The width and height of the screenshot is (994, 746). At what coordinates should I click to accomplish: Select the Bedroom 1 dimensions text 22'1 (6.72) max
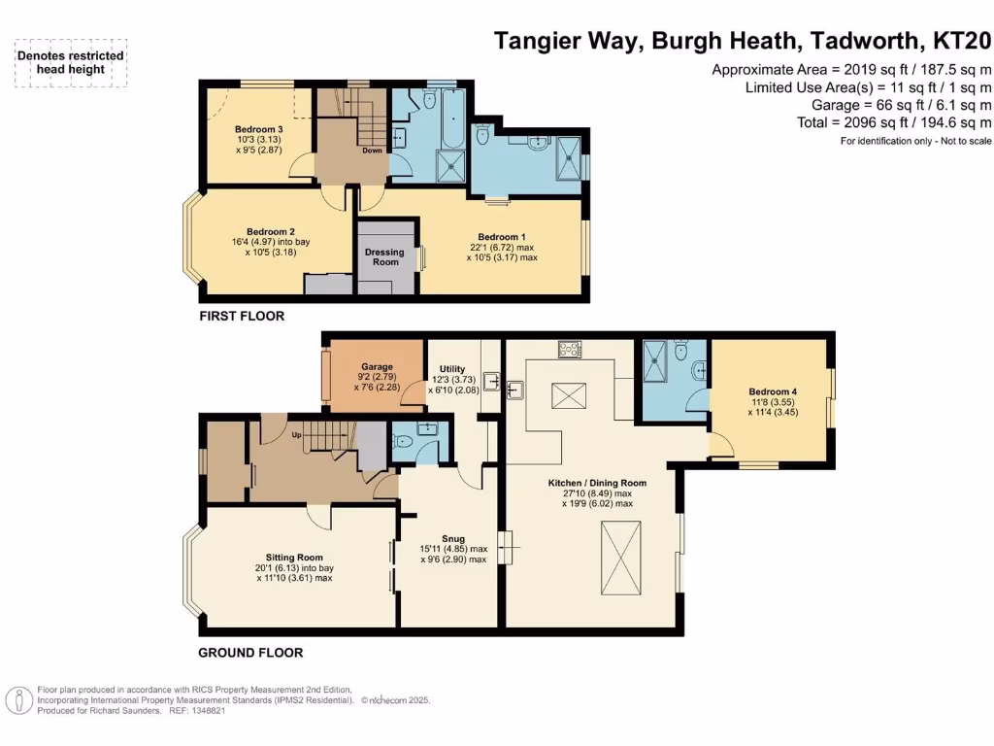502,247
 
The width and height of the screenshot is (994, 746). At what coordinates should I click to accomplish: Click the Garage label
378,367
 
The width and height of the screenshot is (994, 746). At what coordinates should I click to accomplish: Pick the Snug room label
452,538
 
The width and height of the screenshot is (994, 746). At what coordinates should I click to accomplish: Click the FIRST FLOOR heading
242,317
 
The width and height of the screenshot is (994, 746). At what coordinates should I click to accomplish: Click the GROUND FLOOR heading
250,653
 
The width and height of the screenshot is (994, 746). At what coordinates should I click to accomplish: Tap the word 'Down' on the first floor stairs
372,151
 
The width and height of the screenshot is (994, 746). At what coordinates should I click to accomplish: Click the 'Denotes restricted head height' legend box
71,63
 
